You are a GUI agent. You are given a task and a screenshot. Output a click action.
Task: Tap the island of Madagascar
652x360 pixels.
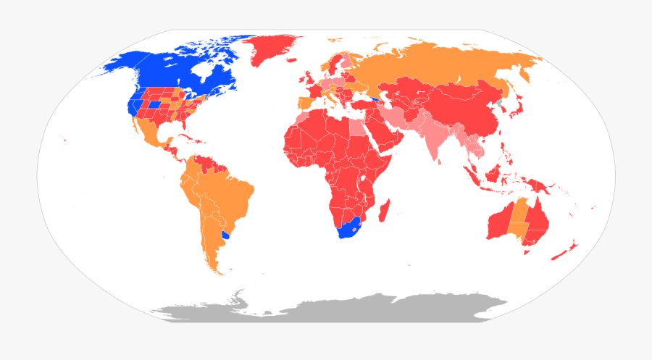click(385, 209)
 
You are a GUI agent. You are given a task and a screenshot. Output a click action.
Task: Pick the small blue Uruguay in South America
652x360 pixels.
click(226, 235)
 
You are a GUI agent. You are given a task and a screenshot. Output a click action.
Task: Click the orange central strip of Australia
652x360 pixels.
click(519, 217)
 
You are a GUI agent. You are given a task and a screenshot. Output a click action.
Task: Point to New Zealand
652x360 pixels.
click(564, 250)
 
